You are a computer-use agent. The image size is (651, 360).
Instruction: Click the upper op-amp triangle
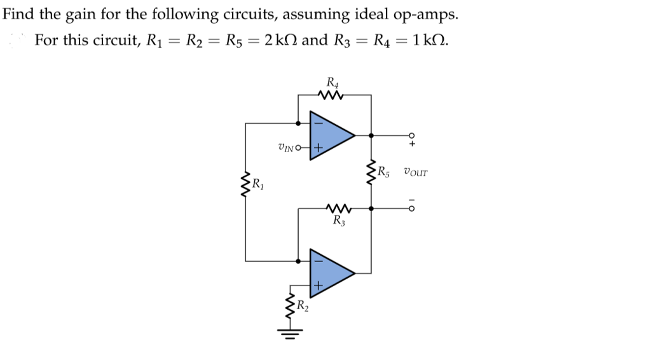point(329,134)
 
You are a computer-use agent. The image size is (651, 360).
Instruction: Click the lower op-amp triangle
point(329,272)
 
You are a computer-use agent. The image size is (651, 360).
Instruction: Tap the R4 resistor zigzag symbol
point(332,95)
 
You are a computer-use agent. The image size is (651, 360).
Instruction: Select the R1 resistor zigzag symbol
point(247,186)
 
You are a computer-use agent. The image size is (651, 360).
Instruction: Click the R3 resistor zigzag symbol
point(334,207)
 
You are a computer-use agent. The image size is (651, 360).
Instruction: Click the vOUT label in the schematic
point(415,172)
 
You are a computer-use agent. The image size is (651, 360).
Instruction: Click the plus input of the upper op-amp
point(318,148)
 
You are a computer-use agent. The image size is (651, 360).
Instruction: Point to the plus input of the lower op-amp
point(318,286)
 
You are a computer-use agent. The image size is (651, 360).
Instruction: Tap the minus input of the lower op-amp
point(318,260)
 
